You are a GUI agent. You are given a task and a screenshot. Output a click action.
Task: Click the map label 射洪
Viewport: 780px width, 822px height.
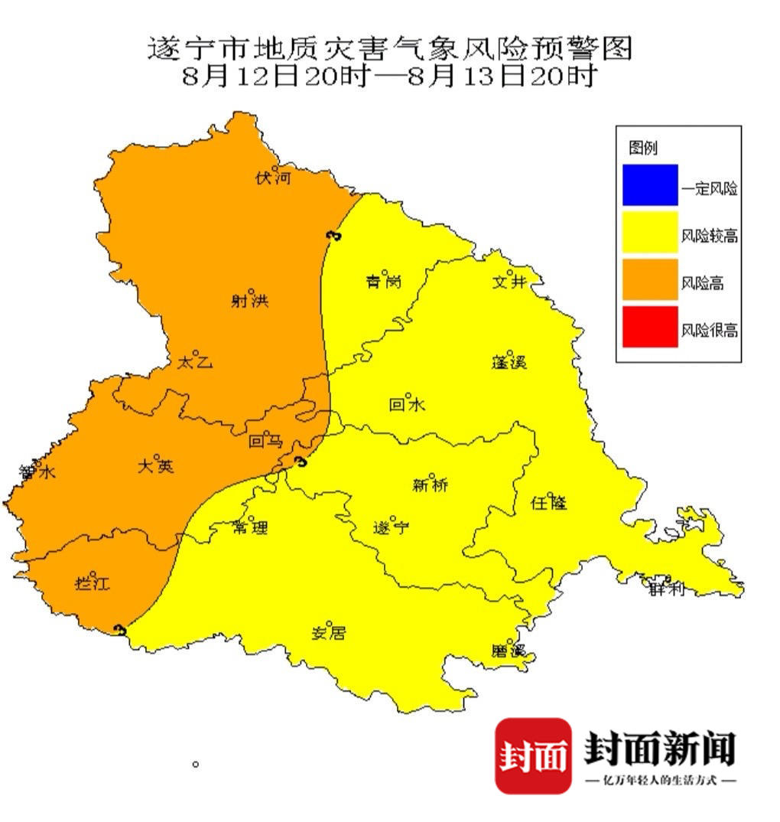[250, 302]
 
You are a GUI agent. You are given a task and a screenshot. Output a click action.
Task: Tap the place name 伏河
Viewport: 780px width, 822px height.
[274, 179]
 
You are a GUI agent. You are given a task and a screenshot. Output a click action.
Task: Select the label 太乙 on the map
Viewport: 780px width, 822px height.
[194, 362]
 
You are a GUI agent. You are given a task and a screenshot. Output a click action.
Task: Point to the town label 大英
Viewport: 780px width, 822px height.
[155, 466]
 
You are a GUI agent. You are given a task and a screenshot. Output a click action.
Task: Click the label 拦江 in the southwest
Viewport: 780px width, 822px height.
[92, 583]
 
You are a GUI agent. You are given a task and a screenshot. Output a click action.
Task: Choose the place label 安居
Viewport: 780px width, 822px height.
[329, 633]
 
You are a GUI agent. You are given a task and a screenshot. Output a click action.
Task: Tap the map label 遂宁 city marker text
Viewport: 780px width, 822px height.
[392, 528]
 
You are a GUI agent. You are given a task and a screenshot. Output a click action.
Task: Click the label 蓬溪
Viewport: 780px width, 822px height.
[509, 362]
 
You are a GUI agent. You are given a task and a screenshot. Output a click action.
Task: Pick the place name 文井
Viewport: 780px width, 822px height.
[509, 282]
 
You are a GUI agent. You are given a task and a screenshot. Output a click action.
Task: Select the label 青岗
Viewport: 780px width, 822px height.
[383, 282]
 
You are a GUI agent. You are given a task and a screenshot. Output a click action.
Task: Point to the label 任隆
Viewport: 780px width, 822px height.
[549, 503]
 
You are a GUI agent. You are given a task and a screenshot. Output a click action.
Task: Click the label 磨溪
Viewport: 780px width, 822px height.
[509, 651]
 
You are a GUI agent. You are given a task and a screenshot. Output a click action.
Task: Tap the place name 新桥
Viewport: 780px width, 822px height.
[430, 484]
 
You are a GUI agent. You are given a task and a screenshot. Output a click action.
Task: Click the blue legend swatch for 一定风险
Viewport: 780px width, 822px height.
[649, 185]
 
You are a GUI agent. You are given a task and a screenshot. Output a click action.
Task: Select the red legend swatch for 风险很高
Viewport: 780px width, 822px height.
[649, 327]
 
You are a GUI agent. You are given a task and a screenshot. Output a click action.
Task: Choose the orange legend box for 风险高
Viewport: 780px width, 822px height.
[649, 279]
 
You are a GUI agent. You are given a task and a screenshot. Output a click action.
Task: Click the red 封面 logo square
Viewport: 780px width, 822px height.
[533, 755]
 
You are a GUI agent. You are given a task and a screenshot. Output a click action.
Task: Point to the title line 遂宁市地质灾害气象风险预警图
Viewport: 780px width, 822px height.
[389, 50]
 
